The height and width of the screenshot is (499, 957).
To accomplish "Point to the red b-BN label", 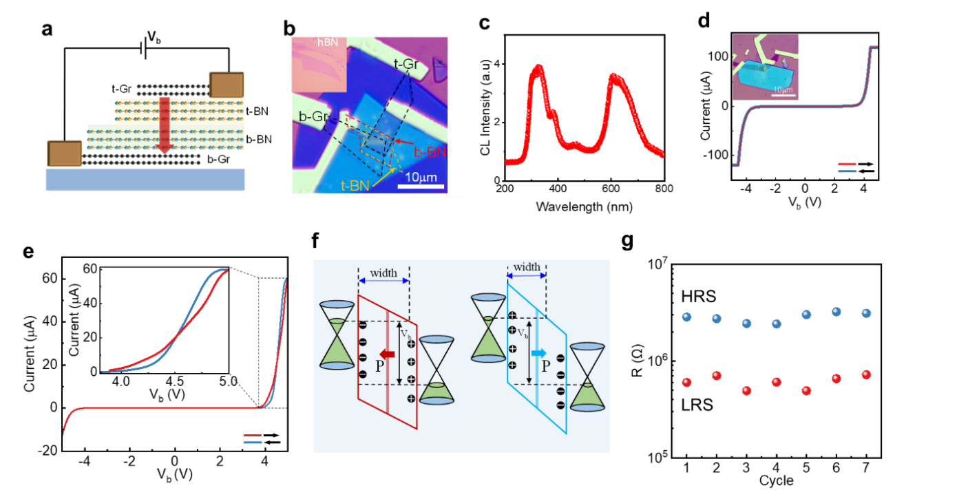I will pyautogui.click(x=430, y=153).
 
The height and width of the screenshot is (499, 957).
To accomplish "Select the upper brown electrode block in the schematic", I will pyautogui.click(x=227, y=85).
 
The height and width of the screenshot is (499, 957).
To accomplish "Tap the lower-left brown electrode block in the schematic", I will pyautogui.click(x=65, y=153).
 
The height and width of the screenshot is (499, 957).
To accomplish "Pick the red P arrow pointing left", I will pyautogui.click(x=388, y=354).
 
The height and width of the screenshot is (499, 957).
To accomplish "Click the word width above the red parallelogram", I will pyautogui.click(x=383, y=273).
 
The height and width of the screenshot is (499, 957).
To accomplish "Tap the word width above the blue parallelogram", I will pyautogui.click(x=527, y=267).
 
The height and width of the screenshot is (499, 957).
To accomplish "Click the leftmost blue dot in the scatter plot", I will pyautogui.click(x=686, y=317).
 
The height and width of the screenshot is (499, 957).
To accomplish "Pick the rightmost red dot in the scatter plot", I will pyautogui.click(x=866, y=374).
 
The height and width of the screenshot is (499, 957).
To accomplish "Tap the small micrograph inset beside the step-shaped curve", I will pyautogui.click(x=766, y=67).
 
